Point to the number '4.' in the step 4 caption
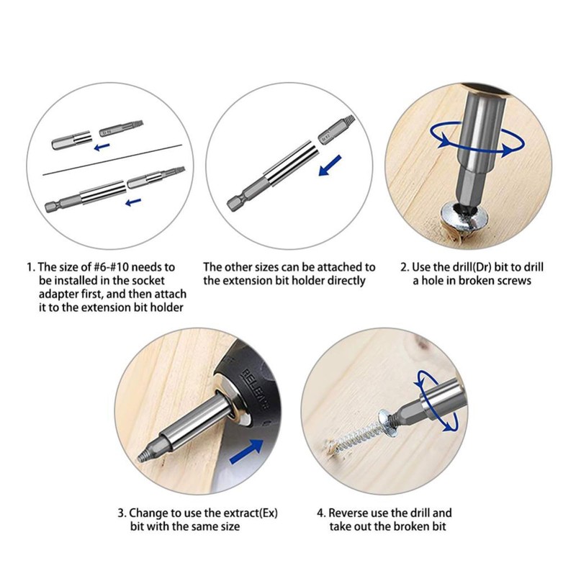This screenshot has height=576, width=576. [321, 513]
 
